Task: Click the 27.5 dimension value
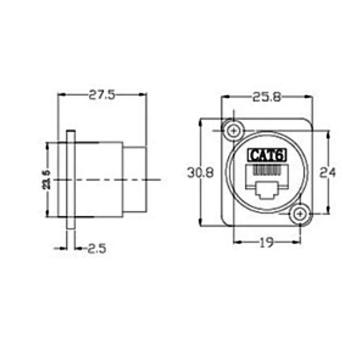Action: click(102, 94)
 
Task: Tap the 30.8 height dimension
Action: click(200, 172)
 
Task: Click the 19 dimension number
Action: click(267, 243)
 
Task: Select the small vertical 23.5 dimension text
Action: click(46, 179)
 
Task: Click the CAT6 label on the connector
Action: click(267, 155)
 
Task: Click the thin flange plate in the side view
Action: click(71, 180)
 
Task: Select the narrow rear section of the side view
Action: click(135, 180)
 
